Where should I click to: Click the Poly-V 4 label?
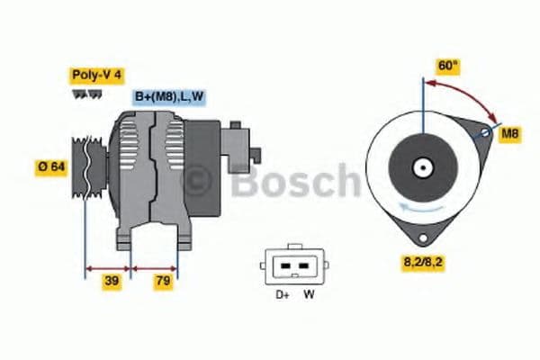click(x=94, y=76)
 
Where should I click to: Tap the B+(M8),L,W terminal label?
click(x=170, y=97)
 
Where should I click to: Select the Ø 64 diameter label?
click(x=51, y=167)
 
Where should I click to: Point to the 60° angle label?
click(x=447, y=65)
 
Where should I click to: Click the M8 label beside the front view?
click(x=510, y=134)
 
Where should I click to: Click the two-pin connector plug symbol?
click(x=292, y=264)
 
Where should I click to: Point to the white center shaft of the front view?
click(x=421, y=167)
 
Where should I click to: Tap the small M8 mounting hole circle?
click(x=486, y=133)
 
